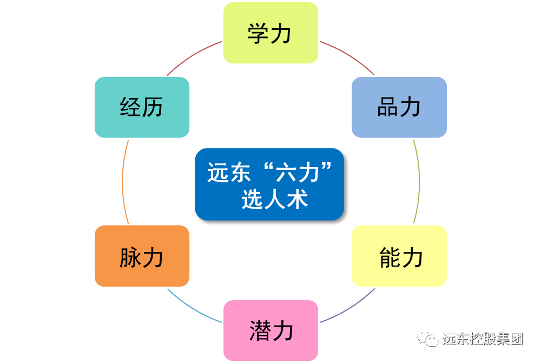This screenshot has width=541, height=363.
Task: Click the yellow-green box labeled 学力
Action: click(270, 33)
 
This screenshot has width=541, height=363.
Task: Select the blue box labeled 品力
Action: click(399, 107)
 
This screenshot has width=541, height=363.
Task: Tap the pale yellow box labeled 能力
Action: click(399, 256)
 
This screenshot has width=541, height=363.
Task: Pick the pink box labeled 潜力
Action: click(270, 330)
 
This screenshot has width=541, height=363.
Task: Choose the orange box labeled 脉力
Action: click(142, 256)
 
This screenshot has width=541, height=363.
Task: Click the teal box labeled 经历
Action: click(142, 107)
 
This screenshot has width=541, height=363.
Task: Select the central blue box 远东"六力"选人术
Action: click(269, 184)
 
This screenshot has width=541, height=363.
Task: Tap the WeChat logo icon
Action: click(427, 339)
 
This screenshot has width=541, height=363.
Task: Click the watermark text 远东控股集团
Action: click(483, 339)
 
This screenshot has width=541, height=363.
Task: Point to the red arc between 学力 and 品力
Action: click(349, 54)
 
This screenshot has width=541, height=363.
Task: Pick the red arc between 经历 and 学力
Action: click(192, 54)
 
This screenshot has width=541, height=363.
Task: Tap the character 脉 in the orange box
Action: click(130, 257)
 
